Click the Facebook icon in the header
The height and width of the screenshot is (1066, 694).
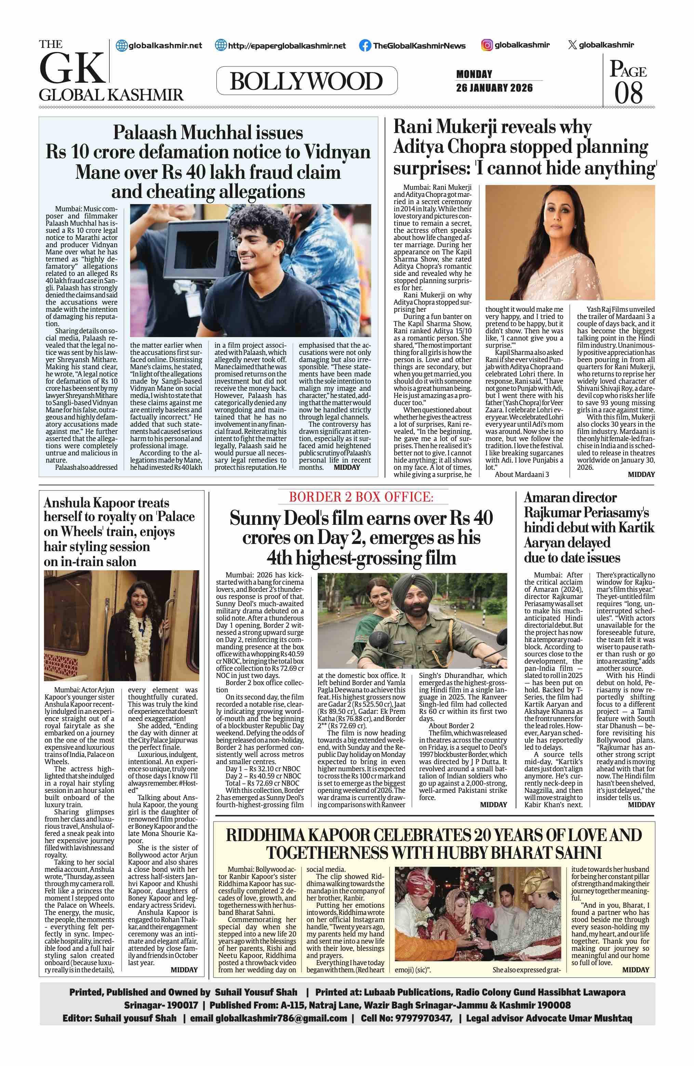[x=365, y=45]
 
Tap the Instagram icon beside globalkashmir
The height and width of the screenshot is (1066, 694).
[x=487, y=45]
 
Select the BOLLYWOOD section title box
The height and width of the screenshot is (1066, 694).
[x=307, y=81]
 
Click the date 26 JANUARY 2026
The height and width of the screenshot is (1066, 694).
[x=494, y=88]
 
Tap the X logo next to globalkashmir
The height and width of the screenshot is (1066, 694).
[x=572, y=45]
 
